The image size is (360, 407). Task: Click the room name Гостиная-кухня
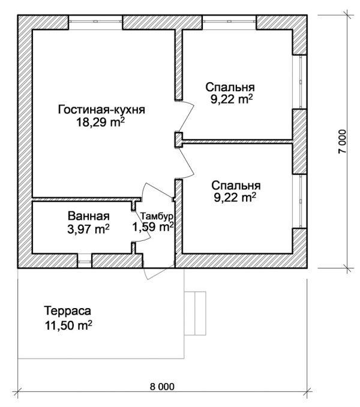102,110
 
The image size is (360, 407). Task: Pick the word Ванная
89,216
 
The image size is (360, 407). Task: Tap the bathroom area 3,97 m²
89,228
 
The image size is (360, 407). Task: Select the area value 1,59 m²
153,227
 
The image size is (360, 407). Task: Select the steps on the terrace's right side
196,313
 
